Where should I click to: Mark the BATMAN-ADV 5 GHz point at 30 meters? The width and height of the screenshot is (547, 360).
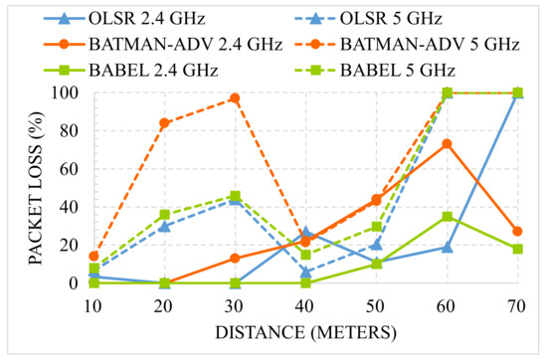click(235, 98)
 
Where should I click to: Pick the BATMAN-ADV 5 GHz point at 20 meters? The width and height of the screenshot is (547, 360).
click(164, 123)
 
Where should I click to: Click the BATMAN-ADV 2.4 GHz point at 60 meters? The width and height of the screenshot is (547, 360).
click(448, 144)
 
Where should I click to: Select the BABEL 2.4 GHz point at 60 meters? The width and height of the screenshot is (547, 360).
click(448, 217)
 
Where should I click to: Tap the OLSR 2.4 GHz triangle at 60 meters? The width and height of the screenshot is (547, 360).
click(448, 247)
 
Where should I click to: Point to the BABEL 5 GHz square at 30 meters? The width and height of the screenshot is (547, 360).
click(235, 196)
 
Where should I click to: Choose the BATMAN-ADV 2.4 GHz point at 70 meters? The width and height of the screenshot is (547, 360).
click(517, 232)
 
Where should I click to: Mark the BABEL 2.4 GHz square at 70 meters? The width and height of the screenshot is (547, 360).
click(517, 249)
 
